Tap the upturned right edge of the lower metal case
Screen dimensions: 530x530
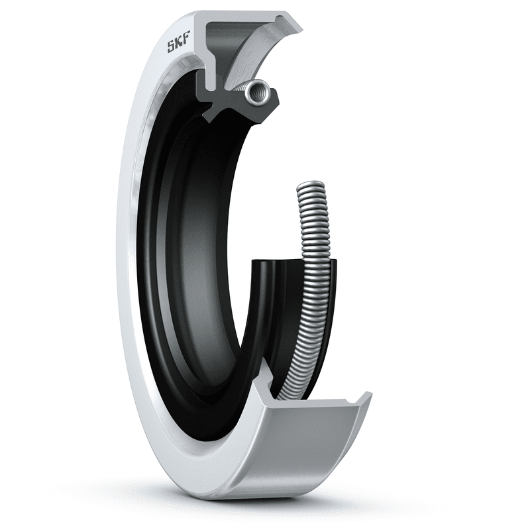coord(363,401)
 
